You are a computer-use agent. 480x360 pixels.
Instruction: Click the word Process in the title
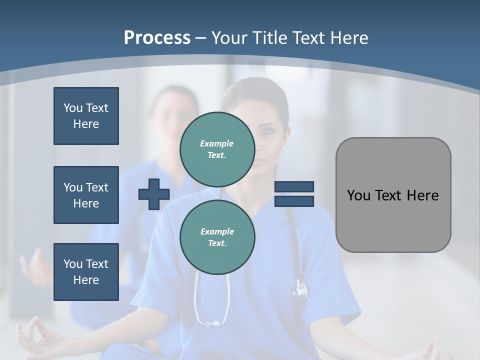coord(157,37)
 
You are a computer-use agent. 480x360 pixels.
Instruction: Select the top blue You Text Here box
coord(86,116)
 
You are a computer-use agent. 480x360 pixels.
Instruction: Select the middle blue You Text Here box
coord(86,195)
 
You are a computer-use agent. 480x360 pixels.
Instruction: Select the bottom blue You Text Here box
coord(86,271)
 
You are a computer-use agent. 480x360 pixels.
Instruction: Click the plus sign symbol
coord(154,194)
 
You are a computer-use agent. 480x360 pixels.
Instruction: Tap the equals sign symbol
coord(294,194)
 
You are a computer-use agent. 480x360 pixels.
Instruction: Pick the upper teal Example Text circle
coord(217,149)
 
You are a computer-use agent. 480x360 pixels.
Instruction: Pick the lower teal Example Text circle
coord(217,237)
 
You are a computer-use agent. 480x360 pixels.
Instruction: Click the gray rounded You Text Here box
coord(393,195)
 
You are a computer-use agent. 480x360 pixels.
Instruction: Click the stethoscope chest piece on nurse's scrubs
coord(300,290)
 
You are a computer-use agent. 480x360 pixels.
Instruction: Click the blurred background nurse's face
coord(172,115)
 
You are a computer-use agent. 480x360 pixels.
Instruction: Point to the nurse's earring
coord(283,148)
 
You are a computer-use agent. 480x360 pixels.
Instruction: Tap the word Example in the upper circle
coord(217,143)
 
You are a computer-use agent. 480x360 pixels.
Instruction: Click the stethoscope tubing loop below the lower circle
coord(212,310)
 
